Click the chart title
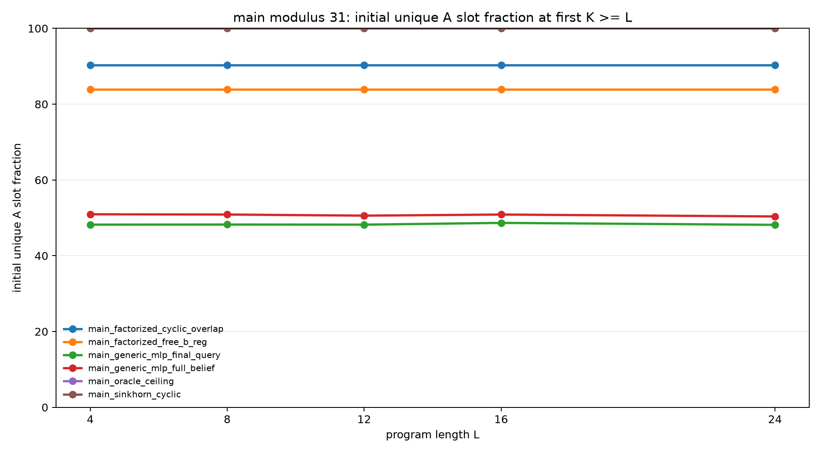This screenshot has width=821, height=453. pos(432,18)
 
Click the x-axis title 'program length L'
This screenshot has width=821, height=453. pos(432,435)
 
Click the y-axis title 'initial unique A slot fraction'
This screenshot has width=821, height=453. pos(17,218)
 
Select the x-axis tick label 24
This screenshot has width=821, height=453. pos(775,420)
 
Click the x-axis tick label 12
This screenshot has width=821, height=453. pos(364,420)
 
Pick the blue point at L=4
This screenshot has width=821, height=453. pos(90,65)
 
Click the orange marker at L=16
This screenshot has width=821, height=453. pos(501,89)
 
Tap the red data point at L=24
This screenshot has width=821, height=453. pos(775,217)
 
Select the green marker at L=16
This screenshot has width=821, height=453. pos(501,223)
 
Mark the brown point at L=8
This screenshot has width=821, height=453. pos(227,29)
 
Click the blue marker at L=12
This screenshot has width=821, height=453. pos(364,65)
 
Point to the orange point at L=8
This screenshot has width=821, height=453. pos(227,89)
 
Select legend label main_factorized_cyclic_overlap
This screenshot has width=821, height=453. pos(156,329)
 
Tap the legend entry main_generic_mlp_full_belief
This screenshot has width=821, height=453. pos(151,368)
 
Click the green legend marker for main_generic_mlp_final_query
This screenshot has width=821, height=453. pos(73,355)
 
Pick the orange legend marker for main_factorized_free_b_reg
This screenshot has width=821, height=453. pos(73,342)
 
